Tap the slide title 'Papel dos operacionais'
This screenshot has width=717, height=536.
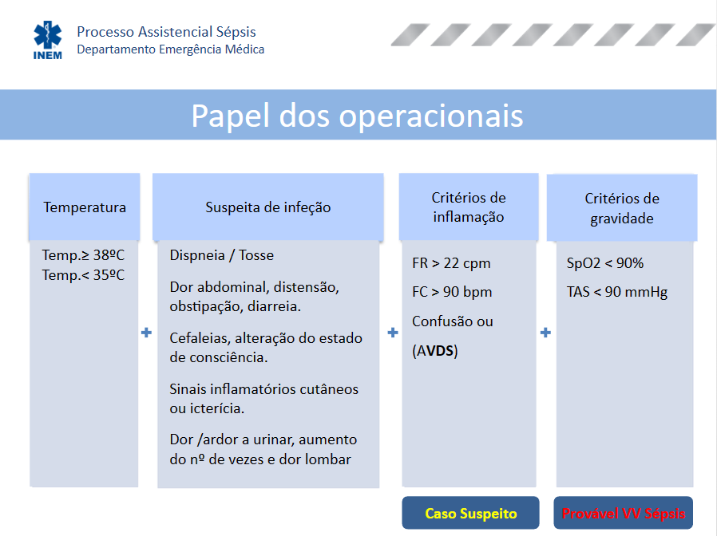(x=357, y=116)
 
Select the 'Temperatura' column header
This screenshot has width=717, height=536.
(x=84, y=207)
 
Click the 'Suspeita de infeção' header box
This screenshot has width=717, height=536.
(x=268, y=207)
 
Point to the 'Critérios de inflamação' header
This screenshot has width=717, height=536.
(x=469, y=207)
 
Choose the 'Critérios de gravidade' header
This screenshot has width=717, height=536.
(x=622, y=208)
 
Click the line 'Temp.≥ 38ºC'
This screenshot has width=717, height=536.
(x=83, y=255)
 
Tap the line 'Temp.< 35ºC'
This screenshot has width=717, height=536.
(x=83, y=275)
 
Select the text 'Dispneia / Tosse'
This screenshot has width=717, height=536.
(x=222, y=255)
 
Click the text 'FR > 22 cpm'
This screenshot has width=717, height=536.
(x=451, y=263)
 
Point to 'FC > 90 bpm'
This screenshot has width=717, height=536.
(x=452, y=292)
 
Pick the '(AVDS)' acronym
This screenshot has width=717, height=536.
(x=435, y=350)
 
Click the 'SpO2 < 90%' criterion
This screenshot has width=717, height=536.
(x=605, y=263)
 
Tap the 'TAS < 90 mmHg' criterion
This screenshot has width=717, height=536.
(x=617, y=292)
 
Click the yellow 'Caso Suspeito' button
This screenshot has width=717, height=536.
(x=470, y=513)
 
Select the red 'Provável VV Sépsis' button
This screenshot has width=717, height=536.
(x=624, y=513)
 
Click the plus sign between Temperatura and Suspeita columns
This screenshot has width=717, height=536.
(x=146, y=332)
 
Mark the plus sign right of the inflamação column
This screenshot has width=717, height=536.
(x=545, y=332)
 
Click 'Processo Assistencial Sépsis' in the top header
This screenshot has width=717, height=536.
(x=166, y=32)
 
